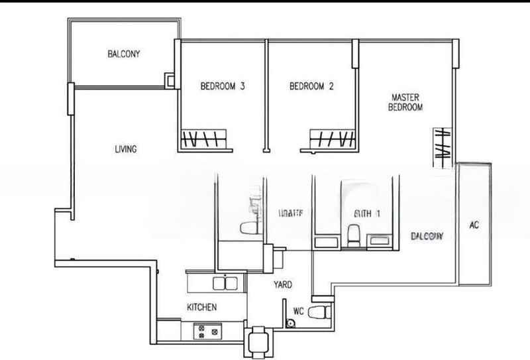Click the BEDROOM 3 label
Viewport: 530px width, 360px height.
point(223,86)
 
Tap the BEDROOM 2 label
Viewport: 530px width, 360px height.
point(311,86)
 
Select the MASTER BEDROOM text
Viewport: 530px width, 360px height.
point(405,102)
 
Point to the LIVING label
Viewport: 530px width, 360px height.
point(125,150)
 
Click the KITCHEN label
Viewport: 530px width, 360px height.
point(201,308)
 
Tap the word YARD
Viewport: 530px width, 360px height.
point(284,285)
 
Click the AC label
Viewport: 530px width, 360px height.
point(474,225)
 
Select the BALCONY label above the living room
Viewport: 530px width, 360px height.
point(124,54)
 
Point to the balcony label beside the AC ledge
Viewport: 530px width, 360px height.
point(426,237)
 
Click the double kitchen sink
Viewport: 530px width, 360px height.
point(222,284)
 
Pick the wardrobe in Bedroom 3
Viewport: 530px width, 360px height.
point(203,140)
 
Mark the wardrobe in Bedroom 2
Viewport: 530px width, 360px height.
point(332,140)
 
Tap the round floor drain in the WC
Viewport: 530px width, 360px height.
point(290,323)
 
